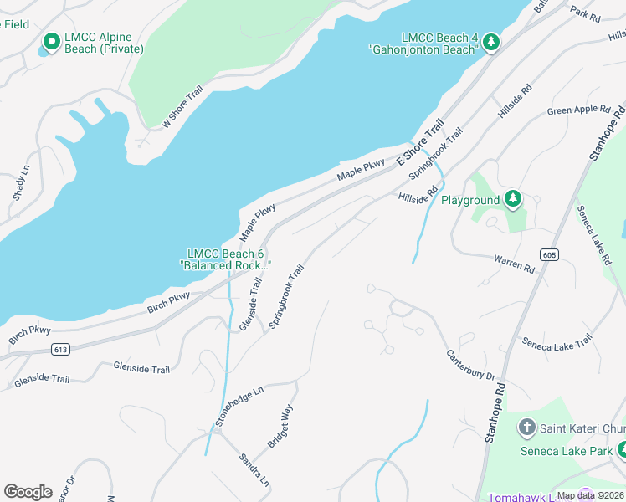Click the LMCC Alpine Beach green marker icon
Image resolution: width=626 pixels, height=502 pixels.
[51, 40]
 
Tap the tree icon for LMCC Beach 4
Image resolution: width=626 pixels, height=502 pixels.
[491, 41]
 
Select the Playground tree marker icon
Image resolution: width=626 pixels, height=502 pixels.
[513, 199]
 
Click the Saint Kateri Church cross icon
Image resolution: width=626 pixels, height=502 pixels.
[527, 428]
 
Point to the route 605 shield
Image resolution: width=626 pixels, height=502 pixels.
[549, 254]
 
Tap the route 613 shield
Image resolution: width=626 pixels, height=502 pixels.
[59, 348]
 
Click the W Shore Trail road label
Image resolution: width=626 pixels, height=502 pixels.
[182, 106]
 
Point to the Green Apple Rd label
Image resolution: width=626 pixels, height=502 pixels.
[578, 110]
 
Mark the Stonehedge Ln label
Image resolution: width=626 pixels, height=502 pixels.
[239, 407]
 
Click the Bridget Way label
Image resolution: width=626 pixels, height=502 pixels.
[280, 426]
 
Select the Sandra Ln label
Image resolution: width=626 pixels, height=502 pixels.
[254, 471]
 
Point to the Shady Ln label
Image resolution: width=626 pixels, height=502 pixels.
[19, 186]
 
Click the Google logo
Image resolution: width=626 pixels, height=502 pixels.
[28, 492]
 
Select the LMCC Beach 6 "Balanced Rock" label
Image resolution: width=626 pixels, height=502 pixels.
[226, 259]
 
